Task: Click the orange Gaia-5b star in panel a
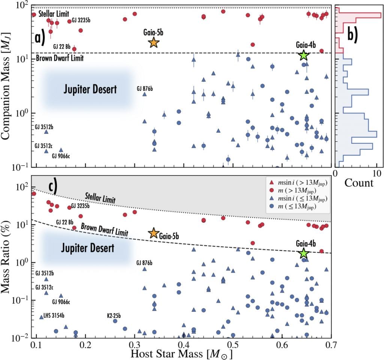click(x=154, y=43)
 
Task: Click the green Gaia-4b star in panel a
click(x=304, y=55)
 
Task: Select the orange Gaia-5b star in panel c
click(x=153, y=233)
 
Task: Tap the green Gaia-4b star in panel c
click(x=304, y=254)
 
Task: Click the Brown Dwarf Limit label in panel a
click(x=60, y=58)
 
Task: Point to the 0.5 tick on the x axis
click(x=232, y=345)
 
